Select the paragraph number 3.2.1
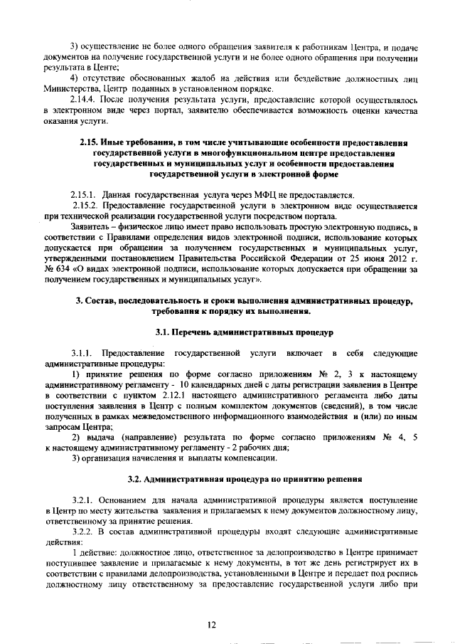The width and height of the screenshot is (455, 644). coord(82,501)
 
